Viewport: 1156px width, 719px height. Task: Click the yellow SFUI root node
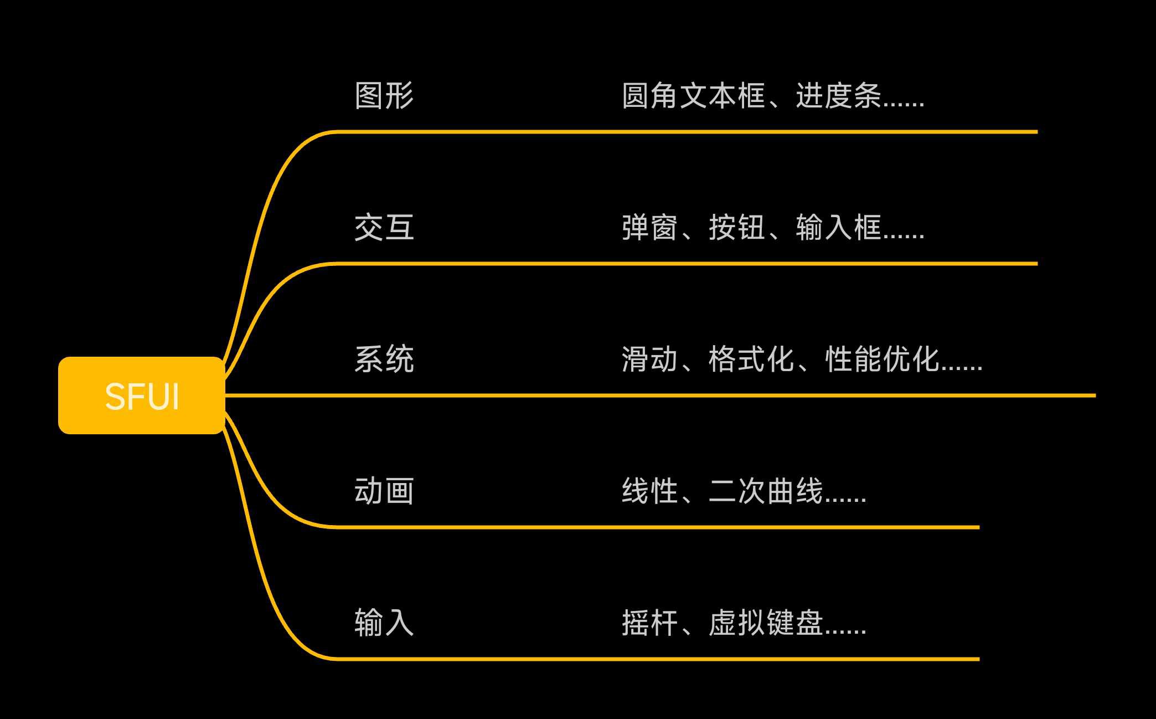tap(142, 396)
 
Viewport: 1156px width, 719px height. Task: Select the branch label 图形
tap(384, 96)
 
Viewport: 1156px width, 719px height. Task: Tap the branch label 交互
tap(384, 228)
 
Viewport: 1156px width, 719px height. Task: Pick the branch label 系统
tap(384, 360)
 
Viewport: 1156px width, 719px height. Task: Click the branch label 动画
tap(384, 491)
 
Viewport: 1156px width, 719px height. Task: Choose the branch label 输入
tap(384, 623)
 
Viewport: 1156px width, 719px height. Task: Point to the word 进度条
tap(838, 96)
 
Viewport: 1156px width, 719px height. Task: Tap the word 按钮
tap(737, 228)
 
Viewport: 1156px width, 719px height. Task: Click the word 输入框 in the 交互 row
tap(838, 228)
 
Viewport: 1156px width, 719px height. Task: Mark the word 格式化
tap(751, 360)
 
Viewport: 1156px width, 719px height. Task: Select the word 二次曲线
tap(766, 491)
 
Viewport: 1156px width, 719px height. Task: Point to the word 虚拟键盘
tap(766, 623)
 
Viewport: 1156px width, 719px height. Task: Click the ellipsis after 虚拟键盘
tap(845, 631)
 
